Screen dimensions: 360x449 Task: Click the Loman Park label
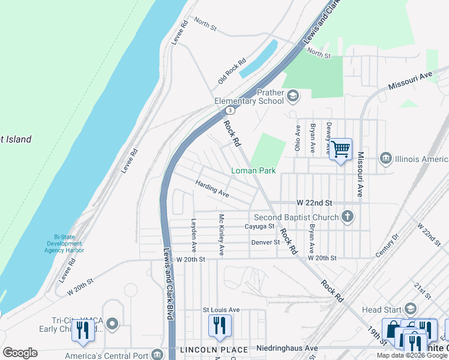(253, 171)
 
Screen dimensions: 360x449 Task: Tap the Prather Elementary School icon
(293, 95)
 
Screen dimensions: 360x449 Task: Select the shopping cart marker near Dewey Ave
(340, 148)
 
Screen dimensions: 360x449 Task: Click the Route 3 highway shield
(230, 110)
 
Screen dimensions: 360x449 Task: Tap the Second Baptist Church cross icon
(348, 217)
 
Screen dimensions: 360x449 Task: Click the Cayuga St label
(259, 227)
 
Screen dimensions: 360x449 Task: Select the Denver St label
(265, 242)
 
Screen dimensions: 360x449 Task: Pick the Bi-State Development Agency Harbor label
(64, 244)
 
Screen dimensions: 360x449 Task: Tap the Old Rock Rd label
(232, 70)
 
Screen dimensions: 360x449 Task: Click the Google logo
(20, 352)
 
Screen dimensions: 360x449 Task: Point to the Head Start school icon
(410, 309)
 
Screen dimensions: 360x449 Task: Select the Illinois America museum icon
(386, 158)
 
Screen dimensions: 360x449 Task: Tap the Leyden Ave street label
(193, 234)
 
